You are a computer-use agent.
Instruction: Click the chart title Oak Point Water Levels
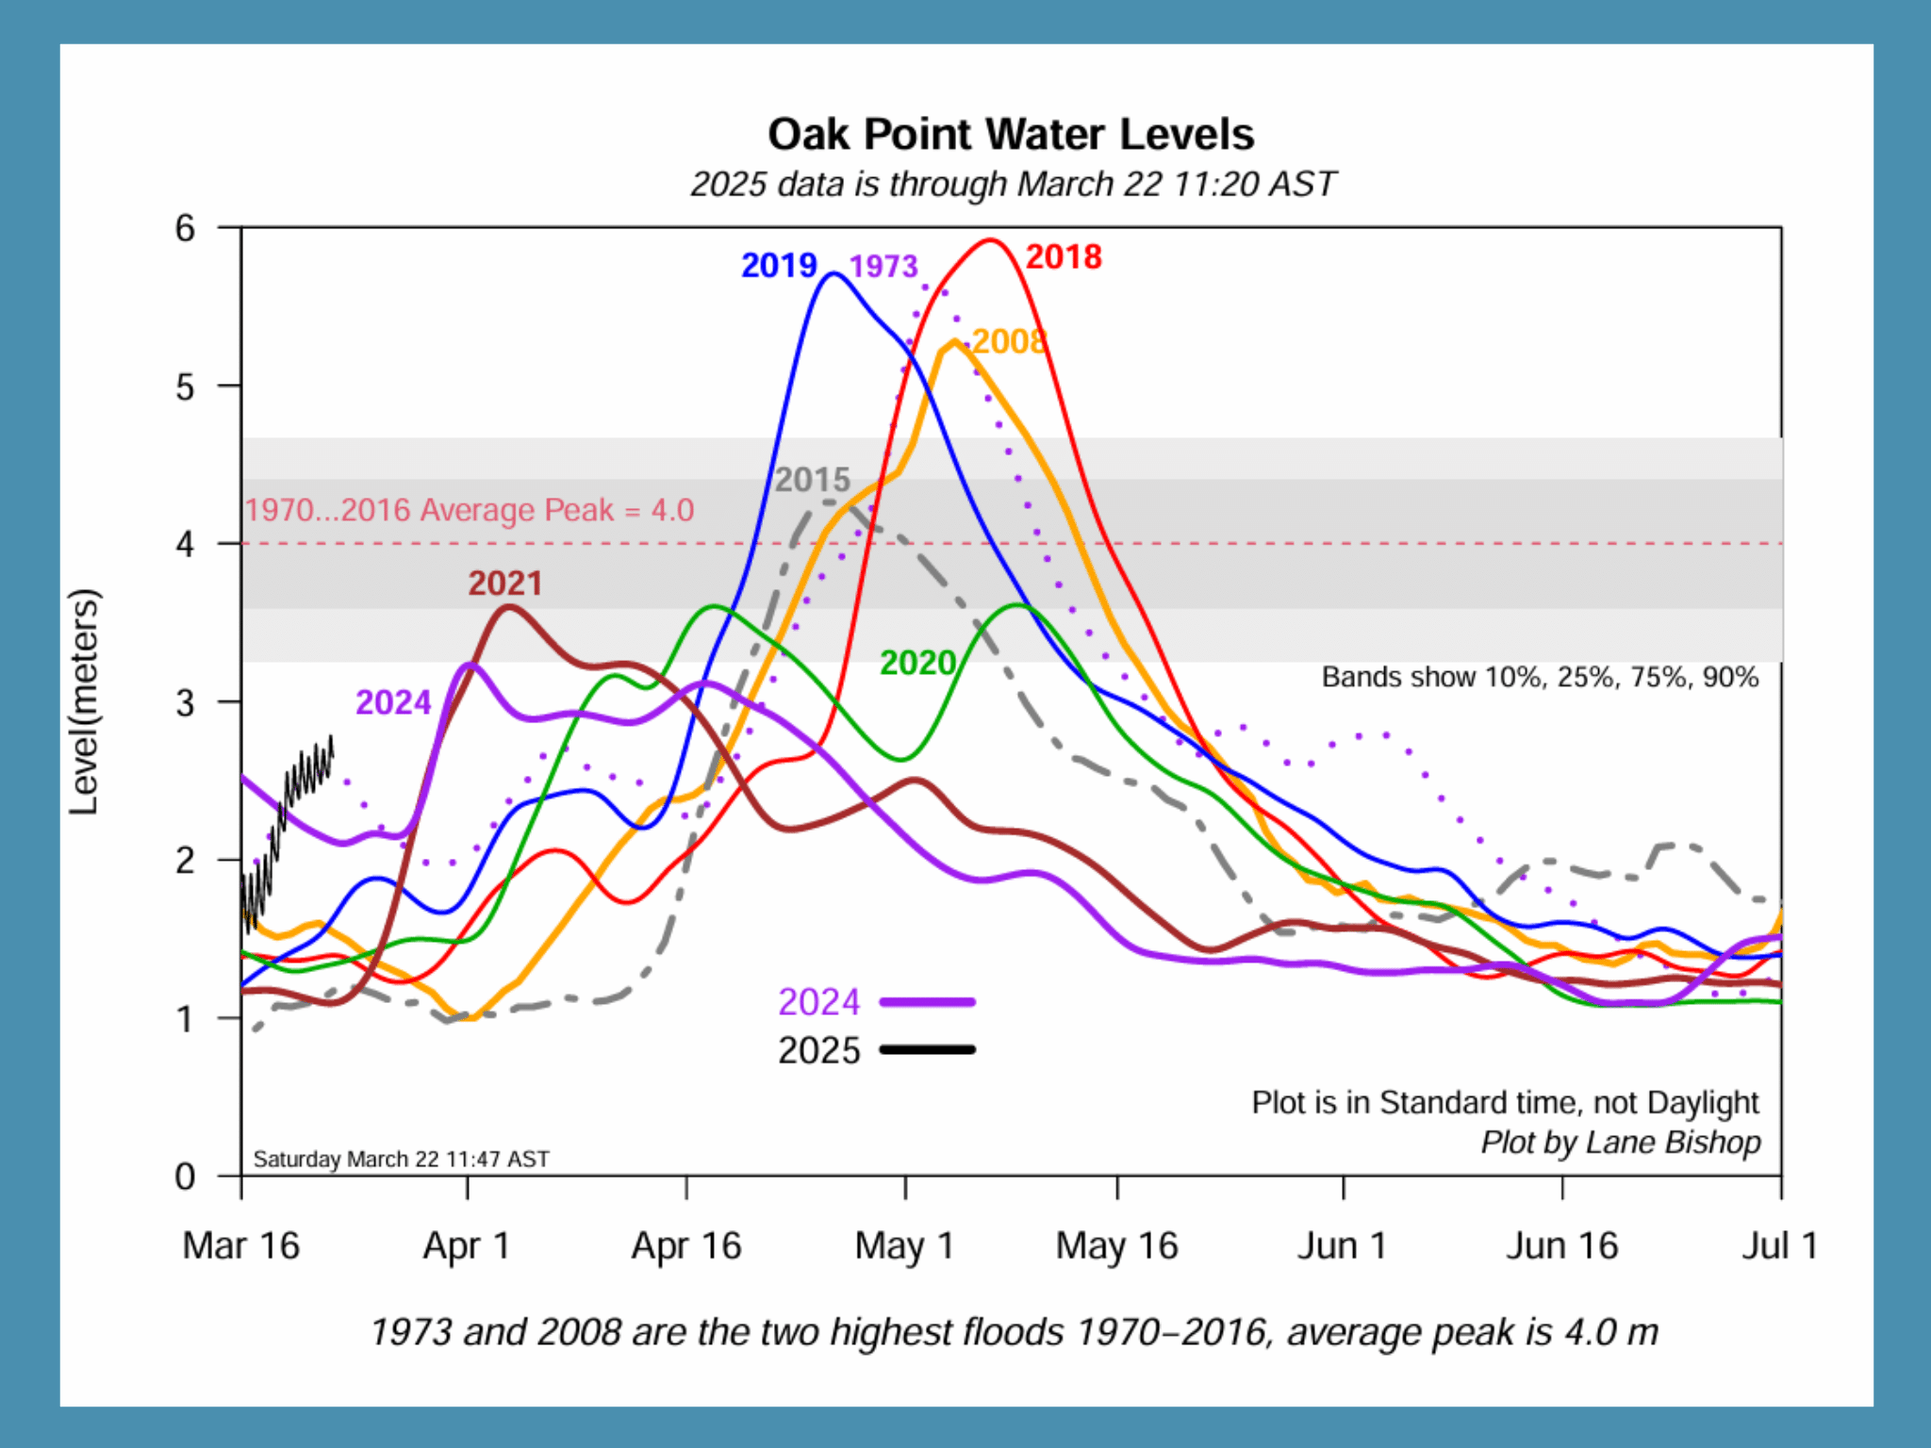[1011, 135]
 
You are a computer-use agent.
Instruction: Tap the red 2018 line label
[1063, 257]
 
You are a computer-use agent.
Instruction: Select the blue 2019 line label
[778, 266]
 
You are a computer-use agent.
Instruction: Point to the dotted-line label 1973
[883, 267]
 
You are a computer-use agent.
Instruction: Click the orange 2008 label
[1009, 341]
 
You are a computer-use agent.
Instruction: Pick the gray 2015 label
[812, 480]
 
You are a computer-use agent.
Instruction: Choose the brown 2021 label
[505, 584]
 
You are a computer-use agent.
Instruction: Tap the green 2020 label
[917, 663]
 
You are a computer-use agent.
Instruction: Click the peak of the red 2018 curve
[990, 240]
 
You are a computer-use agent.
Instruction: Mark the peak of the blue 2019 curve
[833, 274]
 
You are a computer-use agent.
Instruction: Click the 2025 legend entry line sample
[927, 1049]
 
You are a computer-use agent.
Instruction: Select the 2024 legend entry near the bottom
[818, 1002]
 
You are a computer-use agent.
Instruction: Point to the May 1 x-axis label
[904, 1246]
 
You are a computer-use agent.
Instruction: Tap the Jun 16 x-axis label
[1561, 1246]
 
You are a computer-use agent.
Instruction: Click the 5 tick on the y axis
[186, 387]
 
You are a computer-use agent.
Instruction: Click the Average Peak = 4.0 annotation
[470, 510]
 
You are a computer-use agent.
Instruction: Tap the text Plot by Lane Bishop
[1620, 1142]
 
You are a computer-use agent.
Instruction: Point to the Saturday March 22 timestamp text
[401, 1159]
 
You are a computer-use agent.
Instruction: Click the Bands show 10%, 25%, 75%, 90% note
[1539, 677]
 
